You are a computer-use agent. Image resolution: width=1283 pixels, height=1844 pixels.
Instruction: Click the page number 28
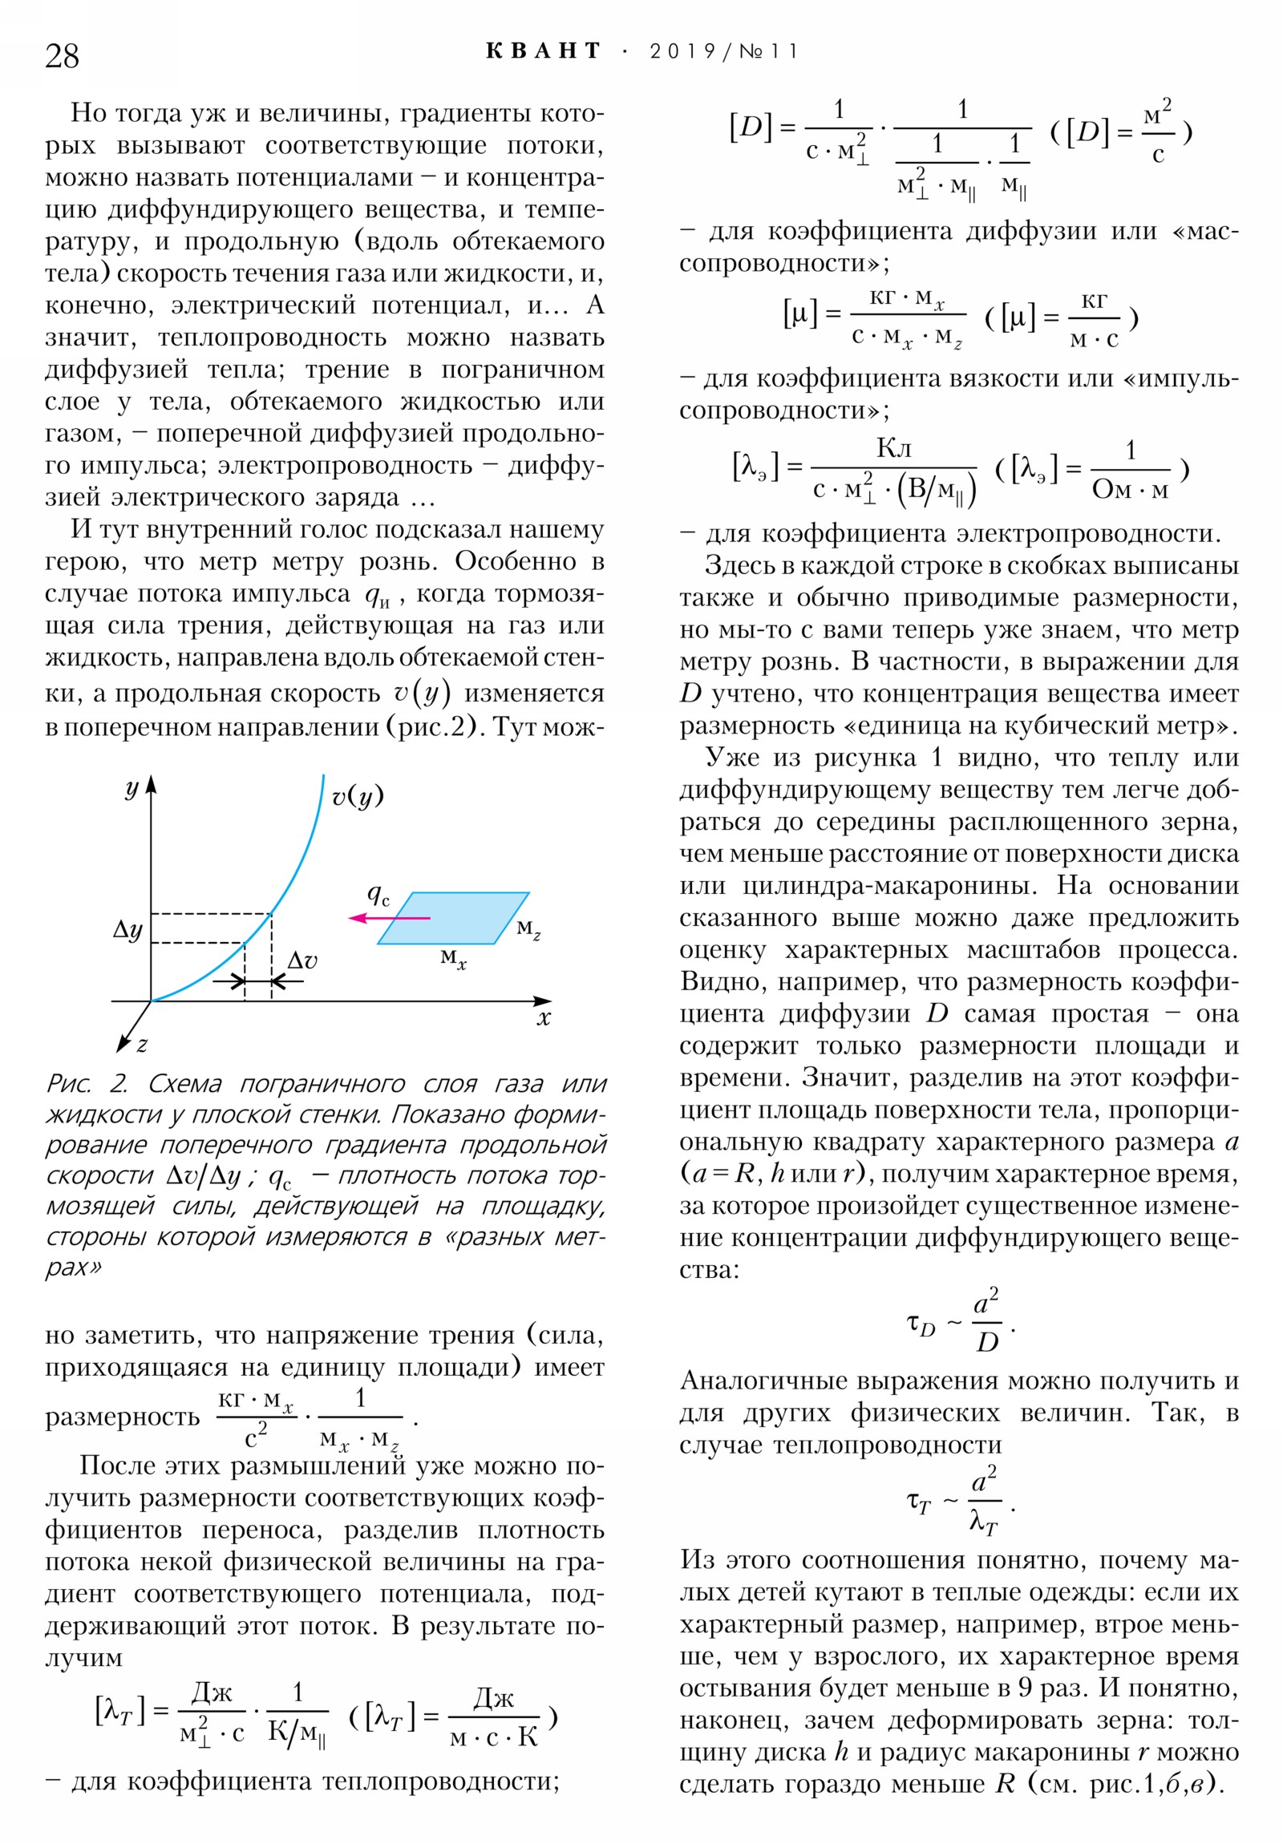tap(62, 56)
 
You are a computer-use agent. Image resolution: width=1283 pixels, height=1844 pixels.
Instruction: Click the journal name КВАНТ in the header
tap(543, 51)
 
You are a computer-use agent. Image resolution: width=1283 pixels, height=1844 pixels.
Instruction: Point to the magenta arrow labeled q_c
tap(389, 918)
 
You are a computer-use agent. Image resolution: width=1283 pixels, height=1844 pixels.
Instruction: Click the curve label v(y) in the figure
tap(358, 796)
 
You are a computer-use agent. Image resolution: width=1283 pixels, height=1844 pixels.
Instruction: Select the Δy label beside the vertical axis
tap(127, 929)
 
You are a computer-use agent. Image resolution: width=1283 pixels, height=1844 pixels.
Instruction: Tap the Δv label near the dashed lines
tap(303, 960)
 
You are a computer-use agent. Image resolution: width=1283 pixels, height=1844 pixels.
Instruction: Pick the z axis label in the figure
tap(141, 1045)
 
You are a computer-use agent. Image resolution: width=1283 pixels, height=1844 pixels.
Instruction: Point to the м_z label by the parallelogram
tap(528, 929)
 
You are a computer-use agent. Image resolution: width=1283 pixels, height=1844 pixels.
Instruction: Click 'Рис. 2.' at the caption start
tap(86, 1083)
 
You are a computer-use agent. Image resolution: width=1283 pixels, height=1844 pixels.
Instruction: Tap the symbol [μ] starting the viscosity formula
tap(799, 314)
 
